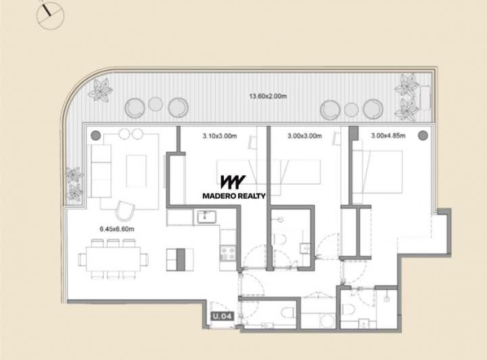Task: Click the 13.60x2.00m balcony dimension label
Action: (x=266, y=95)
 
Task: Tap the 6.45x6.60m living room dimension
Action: (x=116, y=229)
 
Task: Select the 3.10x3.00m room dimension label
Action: (x=219, y=136)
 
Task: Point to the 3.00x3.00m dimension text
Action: (x=304, y=136)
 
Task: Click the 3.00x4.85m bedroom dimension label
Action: (x=388, y=136)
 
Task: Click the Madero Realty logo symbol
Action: (x=233, y=182)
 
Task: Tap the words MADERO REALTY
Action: (x=234, y=196)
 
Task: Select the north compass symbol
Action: (x=50, y=14)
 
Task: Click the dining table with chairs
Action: (x=113, y=258)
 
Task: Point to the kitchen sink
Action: (x=205, y=217)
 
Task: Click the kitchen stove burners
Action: (x=227, y=254)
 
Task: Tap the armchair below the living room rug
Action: (x=124, y=211)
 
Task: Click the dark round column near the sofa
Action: (x=95, y=134)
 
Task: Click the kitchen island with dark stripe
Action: (x=175, y=258)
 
